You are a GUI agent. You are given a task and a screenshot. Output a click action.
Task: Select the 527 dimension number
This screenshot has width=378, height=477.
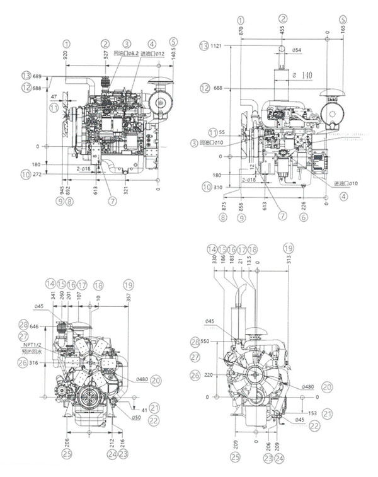tap(105, 55)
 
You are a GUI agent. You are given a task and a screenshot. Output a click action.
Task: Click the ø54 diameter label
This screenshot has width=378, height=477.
tap(297, 50)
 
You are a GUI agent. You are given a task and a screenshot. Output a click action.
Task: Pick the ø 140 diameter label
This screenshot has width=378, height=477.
tap(302, 75)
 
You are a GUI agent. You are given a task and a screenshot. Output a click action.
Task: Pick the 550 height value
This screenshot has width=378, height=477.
tap(204, 341)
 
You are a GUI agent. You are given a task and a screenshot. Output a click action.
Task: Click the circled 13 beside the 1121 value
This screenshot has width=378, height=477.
tap(203, 46)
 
